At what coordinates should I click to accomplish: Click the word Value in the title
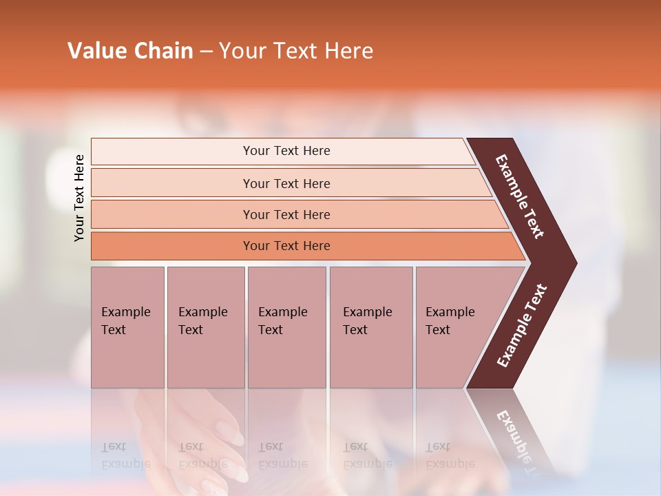pyautogui.click(x=96, y=51)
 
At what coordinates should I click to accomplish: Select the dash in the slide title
pyautogui.click(x=206, y=52)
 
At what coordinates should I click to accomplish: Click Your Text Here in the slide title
pyautogui.click(x=296, y=51)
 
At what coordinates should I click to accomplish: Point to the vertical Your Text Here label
pyautogui.click(x=79, y=198)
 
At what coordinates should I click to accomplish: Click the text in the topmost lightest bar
pyautogui.click(x=286, y=151)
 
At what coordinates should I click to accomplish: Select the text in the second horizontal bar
pyautogui.click(x=286, y=183)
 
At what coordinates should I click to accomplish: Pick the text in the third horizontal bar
pyautogui.click(x=286, y=214)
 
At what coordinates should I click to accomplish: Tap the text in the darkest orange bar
pyautogui.click(x=286, y=246)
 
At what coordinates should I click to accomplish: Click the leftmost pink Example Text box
pyautogui.click(x=127, y=327)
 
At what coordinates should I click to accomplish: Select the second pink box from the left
pyautogui.click(x=205, y=327)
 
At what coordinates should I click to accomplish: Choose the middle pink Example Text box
pyautogui.click(x=286, y=327)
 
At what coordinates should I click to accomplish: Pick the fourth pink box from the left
pyautogui.click(x=371, y=327)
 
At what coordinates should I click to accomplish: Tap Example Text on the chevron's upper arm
pyautogui.click(x=520, y=196)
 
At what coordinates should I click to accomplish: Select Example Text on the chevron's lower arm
pyautogui.click(x=521, y=326)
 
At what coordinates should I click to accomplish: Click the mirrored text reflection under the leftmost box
pyautogui.click(x=125, y=455)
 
